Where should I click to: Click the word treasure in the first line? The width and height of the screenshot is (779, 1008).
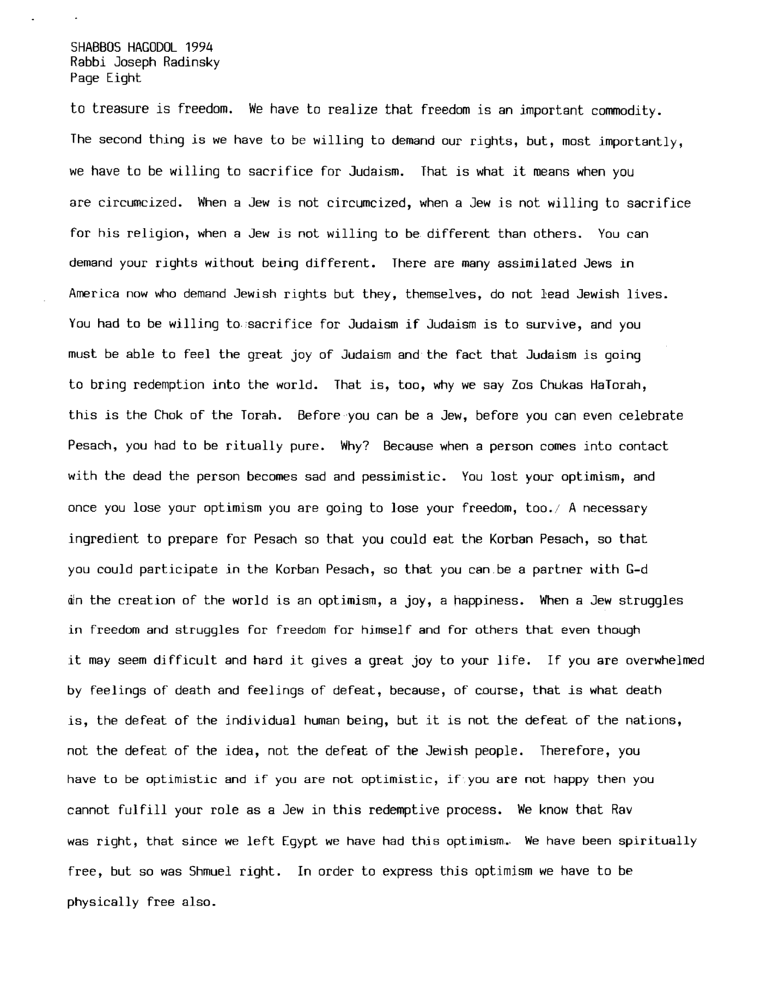coord(120,109)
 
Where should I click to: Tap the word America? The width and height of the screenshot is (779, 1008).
coord(94,295)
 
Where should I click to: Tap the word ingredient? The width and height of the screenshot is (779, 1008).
coord(103,540)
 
